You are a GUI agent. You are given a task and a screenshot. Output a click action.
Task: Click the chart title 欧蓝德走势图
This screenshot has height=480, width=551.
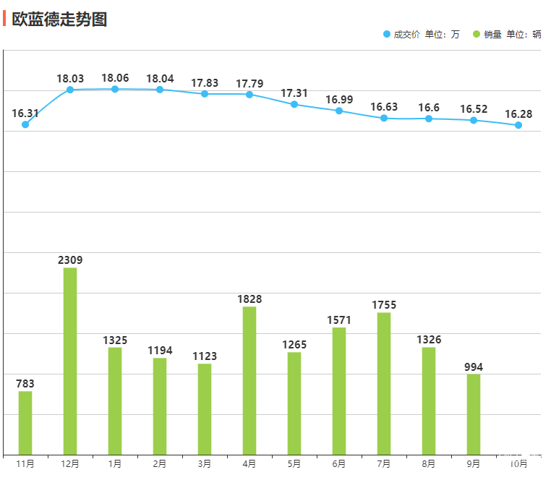click(x=59, y=20)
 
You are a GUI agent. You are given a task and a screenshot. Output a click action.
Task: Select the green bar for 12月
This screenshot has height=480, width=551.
click(x=70, y=361)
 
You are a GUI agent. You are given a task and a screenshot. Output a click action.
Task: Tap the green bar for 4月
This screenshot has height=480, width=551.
click(x=249, y=380)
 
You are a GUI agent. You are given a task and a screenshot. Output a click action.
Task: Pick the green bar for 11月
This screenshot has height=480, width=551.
click(x=25, y=423)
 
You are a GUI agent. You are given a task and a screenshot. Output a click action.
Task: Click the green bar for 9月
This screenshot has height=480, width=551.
click(x=474, y=414)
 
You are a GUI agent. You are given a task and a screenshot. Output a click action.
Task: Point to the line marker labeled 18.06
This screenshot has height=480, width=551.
click(x=115, y=89)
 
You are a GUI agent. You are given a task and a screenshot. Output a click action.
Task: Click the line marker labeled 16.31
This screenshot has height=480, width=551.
click(x=25, y=124)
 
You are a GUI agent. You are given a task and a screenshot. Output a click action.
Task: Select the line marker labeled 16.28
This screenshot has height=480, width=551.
click(x=518, y=125)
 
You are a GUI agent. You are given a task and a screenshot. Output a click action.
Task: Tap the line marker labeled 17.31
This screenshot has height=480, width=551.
click(x=294, y=104)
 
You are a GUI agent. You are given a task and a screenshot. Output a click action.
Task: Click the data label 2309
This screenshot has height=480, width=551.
click(x=70, y=260)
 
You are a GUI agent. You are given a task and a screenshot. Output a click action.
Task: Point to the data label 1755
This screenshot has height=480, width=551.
click(x=384, y=305)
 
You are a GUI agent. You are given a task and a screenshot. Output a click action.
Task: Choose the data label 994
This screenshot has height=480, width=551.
click(x=474, y=367)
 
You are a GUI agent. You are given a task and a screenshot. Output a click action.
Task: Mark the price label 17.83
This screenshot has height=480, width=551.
click(x=205, y=83)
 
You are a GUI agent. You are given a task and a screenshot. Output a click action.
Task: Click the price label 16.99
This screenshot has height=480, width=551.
click(x=339, y=100)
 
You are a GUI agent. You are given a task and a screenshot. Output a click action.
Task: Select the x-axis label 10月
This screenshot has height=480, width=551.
click(x=518, y=463)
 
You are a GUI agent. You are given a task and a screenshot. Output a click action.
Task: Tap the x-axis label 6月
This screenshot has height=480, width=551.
click(x=339, y=463)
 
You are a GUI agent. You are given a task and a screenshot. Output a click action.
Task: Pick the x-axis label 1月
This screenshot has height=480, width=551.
click(x=115, y=463)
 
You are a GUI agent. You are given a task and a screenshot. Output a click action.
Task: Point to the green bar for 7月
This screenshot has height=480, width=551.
click(x=384, y=383)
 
